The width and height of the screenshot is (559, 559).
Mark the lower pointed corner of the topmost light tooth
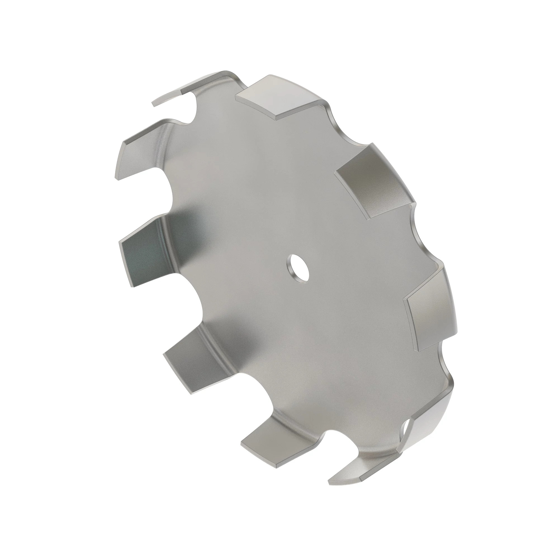[x=276, y=119]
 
